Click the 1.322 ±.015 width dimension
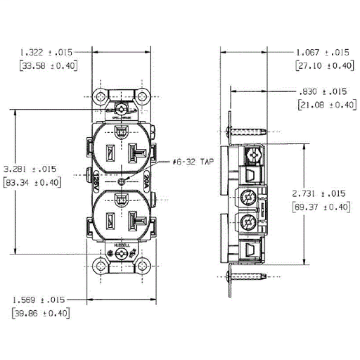46,52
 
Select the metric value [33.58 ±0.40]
46,65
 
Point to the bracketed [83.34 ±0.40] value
32,183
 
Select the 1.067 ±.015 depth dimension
322,52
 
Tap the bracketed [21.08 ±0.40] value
322,105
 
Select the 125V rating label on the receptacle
94,181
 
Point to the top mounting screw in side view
250,131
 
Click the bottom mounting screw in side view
250,276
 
